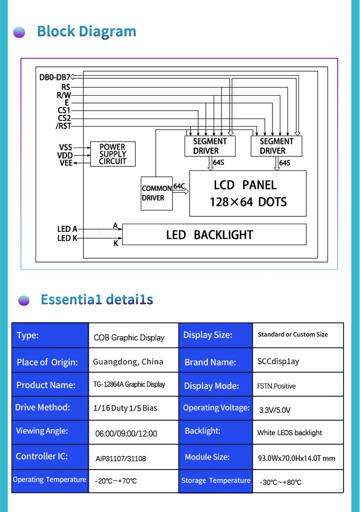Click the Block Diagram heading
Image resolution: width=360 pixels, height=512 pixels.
point(87,31)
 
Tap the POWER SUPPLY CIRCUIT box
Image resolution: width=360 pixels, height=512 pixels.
point(113,154)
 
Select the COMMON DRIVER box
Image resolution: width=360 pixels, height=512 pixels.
point(157,193)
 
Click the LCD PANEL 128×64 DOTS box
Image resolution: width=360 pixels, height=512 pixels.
point(248,193)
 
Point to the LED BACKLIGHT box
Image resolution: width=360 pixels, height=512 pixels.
point(214,235)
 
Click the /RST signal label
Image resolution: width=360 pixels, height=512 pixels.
point(63,126)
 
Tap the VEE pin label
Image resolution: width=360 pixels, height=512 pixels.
point(66,163)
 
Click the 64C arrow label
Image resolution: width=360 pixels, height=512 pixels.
point(179,186)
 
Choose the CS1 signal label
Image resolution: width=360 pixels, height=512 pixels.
point(64,110)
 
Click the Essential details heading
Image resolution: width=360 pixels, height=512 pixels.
point(97,299)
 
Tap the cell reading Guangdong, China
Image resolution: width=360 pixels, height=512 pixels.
point(128,362)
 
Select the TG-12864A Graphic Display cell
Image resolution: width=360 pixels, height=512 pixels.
point(129,384)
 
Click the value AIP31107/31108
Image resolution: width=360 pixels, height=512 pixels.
point(121,459)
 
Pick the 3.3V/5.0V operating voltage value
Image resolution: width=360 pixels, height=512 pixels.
point(275,410)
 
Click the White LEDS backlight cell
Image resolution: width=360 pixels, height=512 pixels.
point(289,433)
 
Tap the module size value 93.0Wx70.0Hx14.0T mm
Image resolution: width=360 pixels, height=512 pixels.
point(296,458)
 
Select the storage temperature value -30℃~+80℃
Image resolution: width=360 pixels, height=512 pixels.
point(280,482)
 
